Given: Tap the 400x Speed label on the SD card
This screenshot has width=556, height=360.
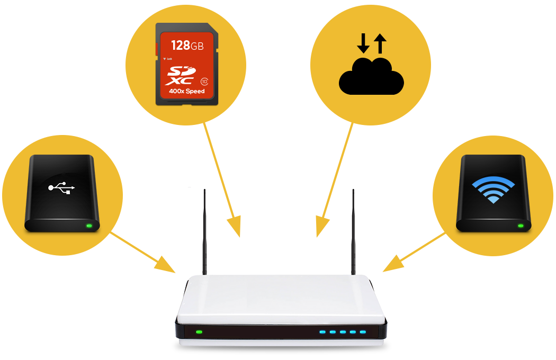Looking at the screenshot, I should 186,91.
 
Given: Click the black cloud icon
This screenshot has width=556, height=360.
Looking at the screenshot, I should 371,77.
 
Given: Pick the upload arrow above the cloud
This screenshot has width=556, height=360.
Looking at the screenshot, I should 380,43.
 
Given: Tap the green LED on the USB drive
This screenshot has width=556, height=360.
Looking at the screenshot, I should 89,226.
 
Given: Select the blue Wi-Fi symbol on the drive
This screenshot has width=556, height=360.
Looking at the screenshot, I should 493,190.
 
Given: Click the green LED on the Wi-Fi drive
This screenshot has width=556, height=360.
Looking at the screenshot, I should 521,226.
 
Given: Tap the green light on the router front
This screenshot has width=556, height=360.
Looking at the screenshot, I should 199,332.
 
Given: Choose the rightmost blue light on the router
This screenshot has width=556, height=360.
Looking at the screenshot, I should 363,332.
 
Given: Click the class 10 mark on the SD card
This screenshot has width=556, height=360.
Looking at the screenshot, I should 204,82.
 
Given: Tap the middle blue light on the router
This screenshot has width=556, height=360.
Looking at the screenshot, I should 343,332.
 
